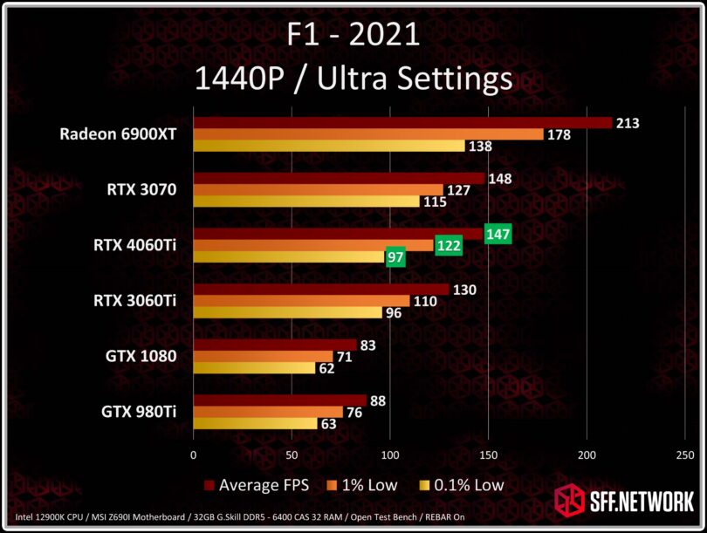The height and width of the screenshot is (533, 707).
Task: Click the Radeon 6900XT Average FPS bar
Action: point(402,123)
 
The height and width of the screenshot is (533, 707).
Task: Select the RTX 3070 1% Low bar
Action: point(318,190)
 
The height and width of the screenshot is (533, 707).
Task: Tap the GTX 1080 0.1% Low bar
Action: point(254,368)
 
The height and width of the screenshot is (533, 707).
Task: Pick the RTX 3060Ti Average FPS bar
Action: point(320,290)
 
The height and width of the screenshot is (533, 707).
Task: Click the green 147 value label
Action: point(498,234)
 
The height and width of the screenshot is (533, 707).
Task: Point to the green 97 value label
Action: point(395,257)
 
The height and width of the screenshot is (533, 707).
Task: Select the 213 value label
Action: point(627,123)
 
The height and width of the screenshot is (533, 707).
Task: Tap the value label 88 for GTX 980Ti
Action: point(379,400)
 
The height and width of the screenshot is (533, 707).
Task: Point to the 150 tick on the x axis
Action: point(489,454)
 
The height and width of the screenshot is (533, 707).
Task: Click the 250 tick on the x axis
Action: point(685,454)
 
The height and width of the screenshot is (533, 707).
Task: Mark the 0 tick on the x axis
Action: point(194,454)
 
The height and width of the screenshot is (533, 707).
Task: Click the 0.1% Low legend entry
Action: point(462,484)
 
